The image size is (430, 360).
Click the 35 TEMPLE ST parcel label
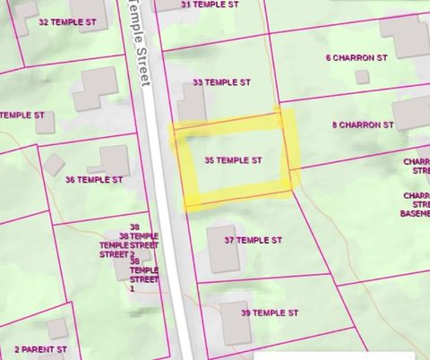tap(233, 160)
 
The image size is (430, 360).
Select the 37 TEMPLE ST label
tap(253, 240)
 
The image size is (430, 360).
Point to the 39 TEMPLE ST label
tap(269, 313)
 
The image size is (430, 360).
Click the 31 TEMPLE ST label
tap(210, 4)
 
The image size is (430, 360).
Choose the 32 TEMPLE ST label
tap(68, 21)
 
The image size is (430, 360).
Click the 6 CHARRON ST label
tap(356, 57)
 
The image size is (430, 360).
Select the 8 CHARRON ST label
tap(363, 125)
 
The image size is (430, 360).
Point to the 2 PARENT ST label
tap(40, 348)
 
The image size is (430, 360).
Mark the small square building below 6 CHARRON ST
tap(362, 77)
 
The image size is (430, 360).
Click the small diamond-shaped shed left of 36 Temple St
tap(55, 164)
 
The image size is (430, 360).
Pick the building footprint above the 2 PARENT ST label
tap(56, 329)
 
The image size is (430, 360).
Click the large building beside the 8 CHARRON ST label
tap(410, 113)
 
